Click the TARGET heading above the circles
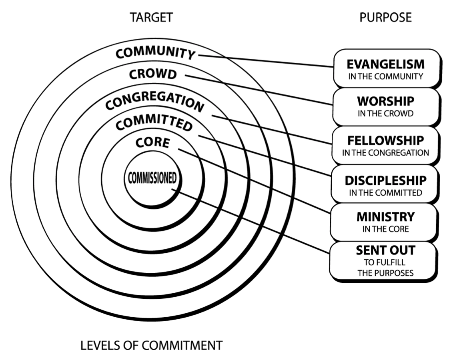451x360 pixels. click(x=151, y=18)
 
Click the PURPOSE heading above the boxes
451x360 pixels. click(x=385, y=18)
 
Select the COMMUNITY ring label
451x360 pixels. click(x=156, y=52)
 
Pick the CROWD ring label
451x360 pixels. click(x=153, y=74)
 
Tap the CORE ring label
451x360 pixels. click(x=152, y=142)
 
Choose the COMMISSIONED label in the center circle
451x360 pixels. click(x=152, y=178)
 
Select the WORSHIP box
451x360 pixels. click(x=386, y=106)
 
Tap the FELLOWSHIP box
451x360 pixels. click(x=386, y=145)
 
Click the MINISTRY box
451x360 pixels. click(x=386, y=222)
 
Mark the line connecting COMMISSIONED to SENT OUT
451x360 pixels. click(x=252, y=222)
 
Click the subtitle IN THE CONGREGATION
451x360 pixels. click(x=386, y=152)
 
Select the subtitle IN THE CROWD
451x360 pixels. click(x=386, y=113)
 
